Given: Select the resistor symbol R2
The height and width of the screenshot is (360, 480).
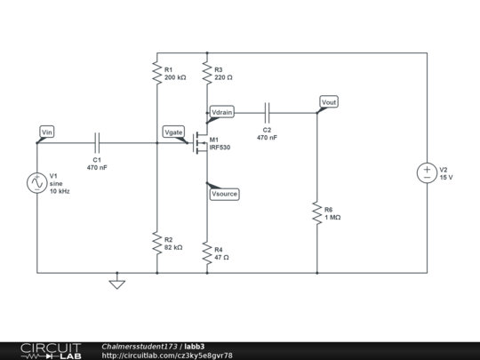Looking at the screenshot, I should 156,243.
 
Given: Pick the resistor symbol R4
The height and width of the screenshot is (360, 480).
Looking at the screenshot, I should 206,252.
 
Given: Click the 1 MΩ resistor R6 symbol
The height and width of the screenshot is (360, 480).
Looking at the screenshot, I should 317,213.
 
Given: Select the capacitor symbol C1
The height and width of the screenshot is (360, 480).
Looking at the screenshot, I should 98,140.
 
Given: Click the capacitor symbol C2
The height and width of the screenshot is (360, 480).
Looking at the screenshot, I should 267,112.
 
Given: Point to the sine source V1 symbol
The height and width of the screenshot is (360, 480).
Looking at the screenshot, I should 38,183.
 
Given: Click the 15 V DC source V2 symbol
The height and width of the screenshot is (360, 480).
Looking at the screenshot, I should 427,173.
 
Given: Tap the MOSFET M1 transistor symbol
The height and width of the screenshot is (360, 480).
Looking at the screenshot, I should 201,144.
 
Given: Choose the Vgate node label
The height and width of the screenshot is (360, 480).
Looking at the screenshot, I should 174,132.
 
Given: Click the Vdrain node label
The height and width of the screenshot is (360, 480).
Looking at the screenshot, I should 222,112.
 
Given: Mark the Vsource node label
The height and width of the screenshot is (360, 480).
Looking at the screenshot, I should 223,193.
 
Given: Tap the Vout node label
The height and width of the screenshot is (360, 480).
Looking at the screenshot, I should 328,102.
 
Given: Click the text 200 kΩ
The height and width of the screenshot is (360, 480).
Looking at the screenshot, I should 176,78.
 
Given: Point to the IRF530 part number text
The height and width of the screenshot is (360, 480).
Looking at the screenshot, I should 220,148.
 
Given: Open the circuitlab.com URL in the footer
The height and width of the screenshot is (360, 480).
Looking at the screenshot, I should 167,355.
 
